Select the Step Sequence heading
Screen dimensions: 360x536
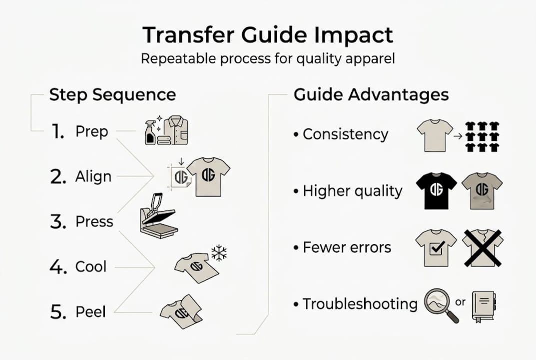[112, 95]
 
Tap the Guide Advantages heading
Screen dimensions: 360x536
[371, 95]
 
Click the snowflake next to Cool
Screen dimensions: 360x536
[219, 252]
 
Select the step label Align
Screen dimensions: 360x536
[93, 177]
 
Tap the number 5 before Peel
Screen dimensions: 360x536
[58, 312]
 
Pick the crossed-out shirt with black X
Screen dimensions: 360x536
[482, 247]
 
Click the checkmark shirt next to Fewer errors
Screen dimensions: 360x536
[436, 247]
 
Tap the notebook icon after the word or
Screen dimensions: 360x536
[483, 305]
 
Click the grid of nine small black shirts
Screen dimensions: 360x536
[482, 136]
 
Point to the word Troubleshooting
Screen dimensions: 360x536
[360, 304]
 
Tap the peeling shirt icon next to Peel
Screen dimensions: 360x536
[181, 312]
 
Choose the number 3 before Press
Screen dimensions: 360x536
[58, 222]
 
